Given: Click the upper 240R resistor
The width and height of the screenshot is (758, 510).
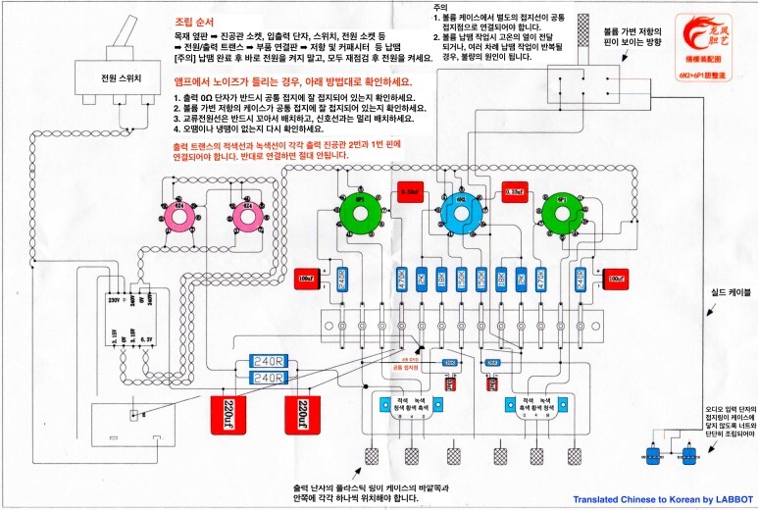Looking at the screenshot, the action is (268, 361).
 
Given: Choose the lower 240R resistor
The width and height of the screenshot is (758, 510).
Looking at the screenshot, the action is (268, 377).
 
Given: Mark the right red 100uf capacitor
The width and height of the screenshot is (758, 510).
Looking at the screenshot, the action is (616, 279).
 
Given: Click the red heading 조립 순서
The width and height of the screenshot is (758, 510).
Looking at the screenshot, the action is (196, 20).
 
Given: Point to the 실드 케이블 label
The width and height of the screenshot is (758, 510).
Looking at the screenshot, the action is (719, 292).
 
